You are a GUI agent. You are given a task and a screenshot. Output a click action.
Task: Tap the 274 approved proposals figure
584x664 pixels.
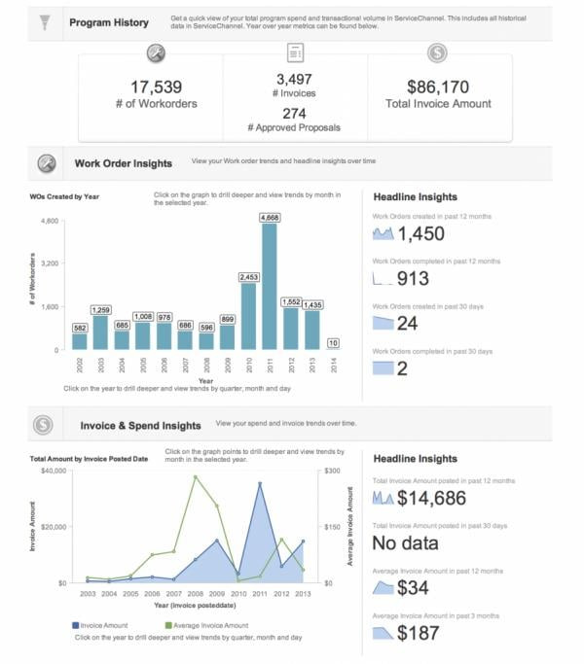point(294,113)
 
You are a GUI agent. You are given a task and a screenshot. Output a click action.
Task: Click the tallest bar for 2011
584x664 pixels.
point(270,287)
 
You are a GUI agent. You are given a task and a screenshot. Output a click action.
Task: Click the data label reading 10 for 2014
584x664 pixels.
point(333,342)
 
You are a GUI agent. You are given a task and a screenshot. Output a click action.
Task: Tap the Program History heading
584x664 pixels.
point(109,22)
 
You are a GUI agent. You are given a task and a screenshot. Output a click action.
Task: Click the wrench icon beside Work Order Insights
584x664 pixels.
point(45,163)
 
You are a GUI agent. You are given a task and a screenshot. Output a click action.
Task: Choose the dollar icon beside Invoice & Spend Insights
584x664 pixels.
point(43,425)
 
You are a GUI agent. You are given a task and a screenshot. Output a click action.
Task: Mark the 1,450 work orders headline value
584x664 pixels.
point(420,233)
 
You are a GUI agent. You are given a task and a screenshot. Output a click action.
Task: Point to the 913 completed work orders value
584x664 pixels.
point(413,279)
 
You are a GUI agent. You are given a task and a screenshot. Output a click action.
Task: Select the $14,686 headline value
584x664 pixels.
point(431,498)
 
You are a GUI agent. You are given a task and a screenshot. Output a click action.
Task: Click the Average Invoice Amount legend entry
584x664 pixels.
point(205,625)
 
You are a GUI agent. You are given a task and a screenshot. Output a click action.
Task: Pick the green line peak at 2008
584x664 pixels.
point(196,476)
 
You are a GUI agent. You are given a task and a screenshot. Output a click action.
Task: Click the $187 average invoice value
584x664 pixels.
point(420,633)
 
